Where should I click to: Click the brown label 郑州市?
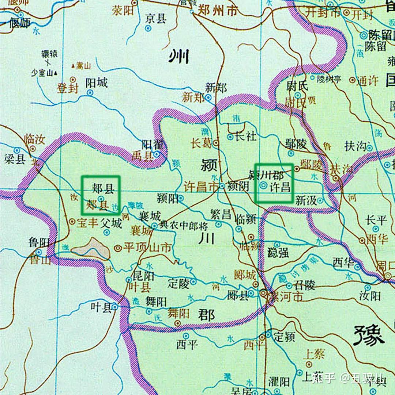pyautogui.click(x=217, y=11)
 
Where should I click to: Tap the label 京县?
pyautogui.click(x=156, y=19)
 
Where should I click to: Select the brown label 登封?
pyautogui.click(x=68, y=88)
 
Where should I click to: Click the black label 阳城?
pyautogui.click(x=97, y=83)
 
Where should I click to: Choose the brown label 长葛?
pyautogui.click(x=201, y=143)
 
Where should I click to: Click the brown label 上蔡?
pyautogui.click(x=314, y=353)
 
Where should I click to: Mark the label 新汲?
pyautogui.click(x=305, y=200)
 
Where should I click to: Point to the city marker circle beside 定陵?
pyautogui.click(x=193, y=281)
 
